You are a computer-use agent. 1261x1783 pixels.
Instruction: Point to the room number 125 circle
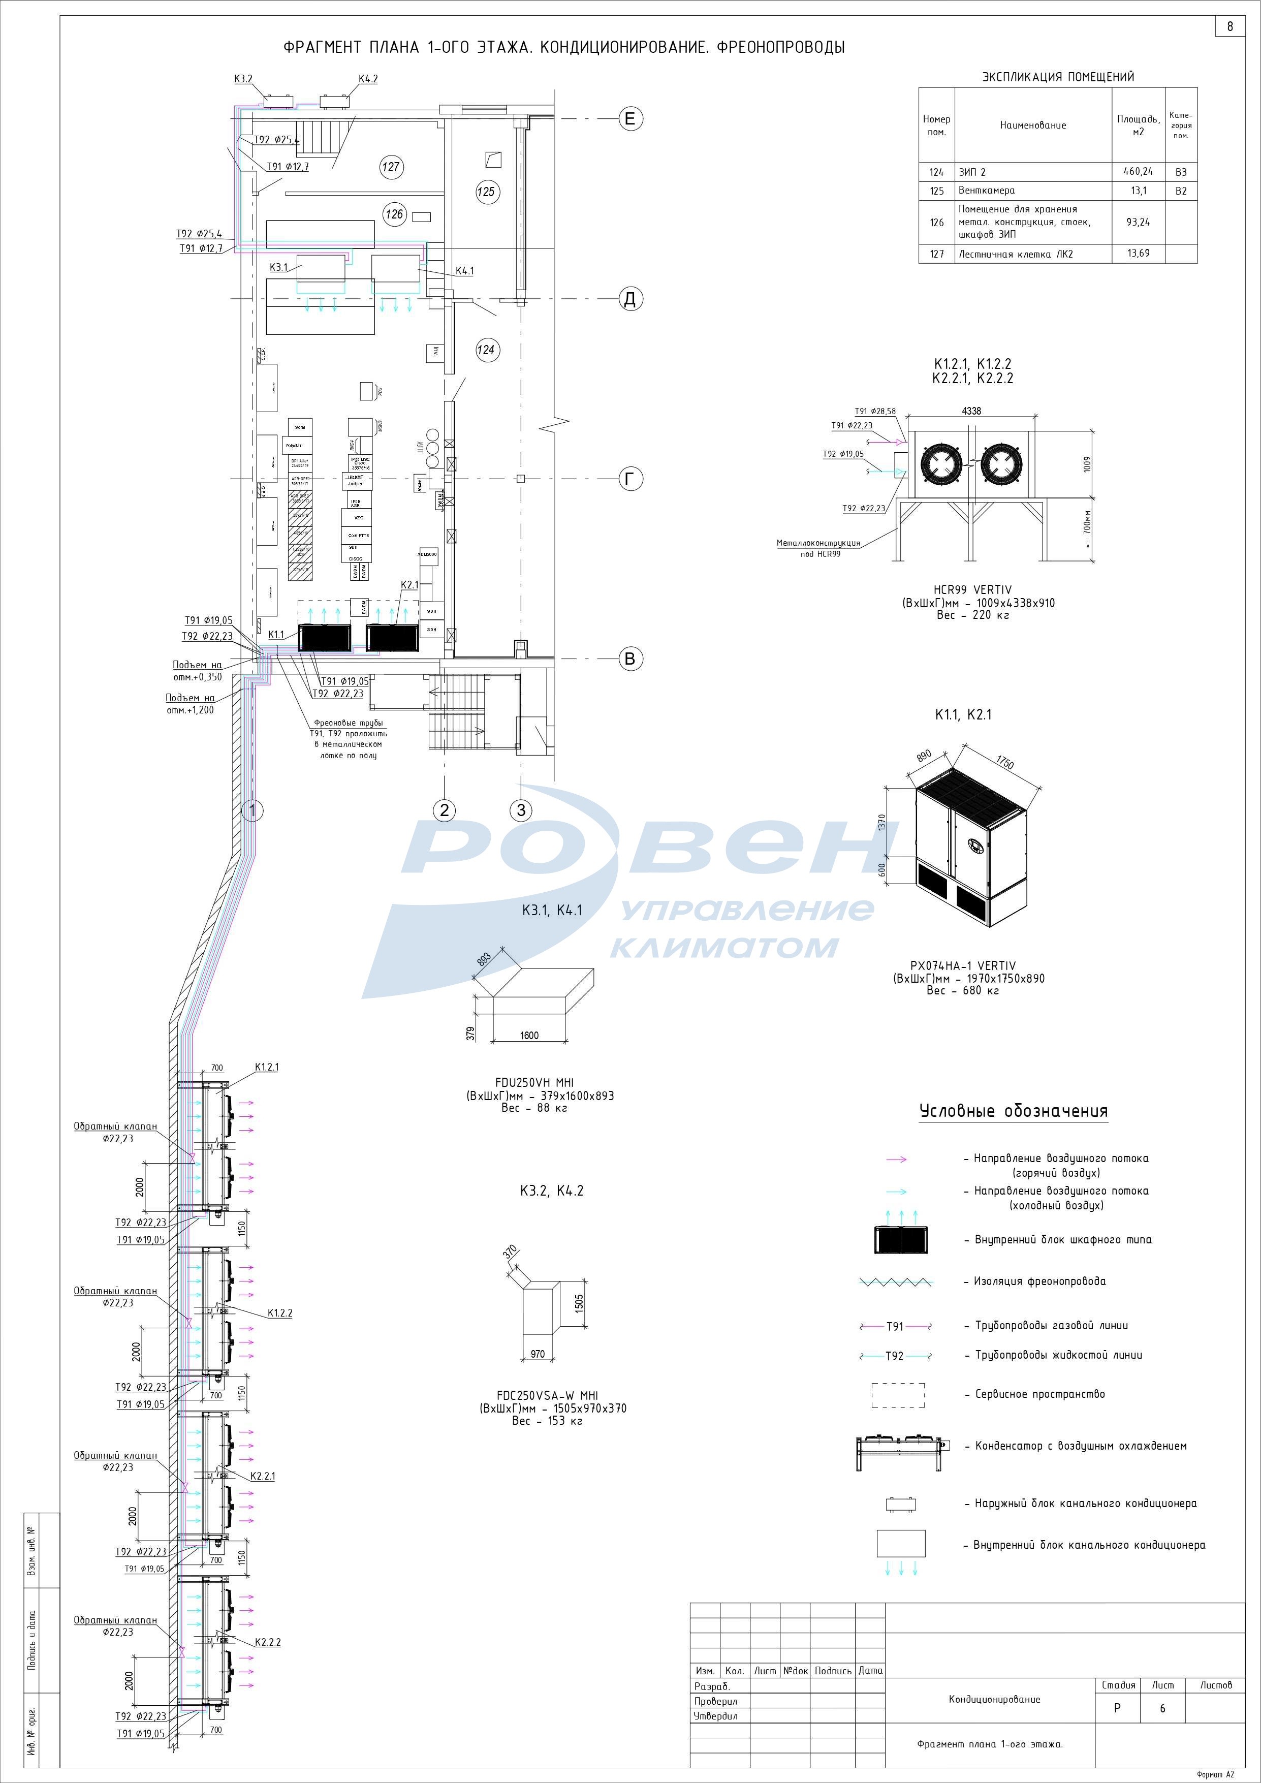click(x=486, y=192)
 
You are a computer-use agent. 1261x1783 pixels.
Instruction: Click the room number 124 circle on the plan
click(x=486, y=350)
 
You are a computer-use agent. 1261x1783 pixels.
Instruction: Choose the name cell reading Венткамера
click(x=986, y=190)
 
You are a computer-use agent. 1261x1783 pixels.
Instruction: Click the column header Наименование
click(x=1033, y=125)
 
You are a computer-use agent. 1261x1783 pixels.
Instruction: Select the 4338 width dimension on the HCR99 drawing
click(x=971, y=411)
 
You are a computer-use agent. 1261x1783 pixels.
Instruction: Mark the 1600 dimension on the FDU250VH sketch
click(x=529, y=1035)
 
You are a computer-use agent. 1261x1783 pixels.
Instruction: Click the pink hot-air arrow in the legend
click(x=897, y=1160)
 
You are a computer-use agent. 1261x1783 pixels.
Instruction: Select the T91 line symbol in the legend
click(x=895, y=1326)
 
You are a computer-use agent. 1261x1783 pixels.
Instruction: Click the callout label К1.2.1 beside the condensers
click(x=266, y=1067)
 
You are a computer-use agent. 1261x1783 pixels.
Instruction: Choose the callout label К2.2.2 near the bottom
click(x=268, y=1642)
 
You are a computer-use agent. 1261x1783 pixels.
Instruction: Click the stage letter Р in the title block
click(x=1117, y=1708)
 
